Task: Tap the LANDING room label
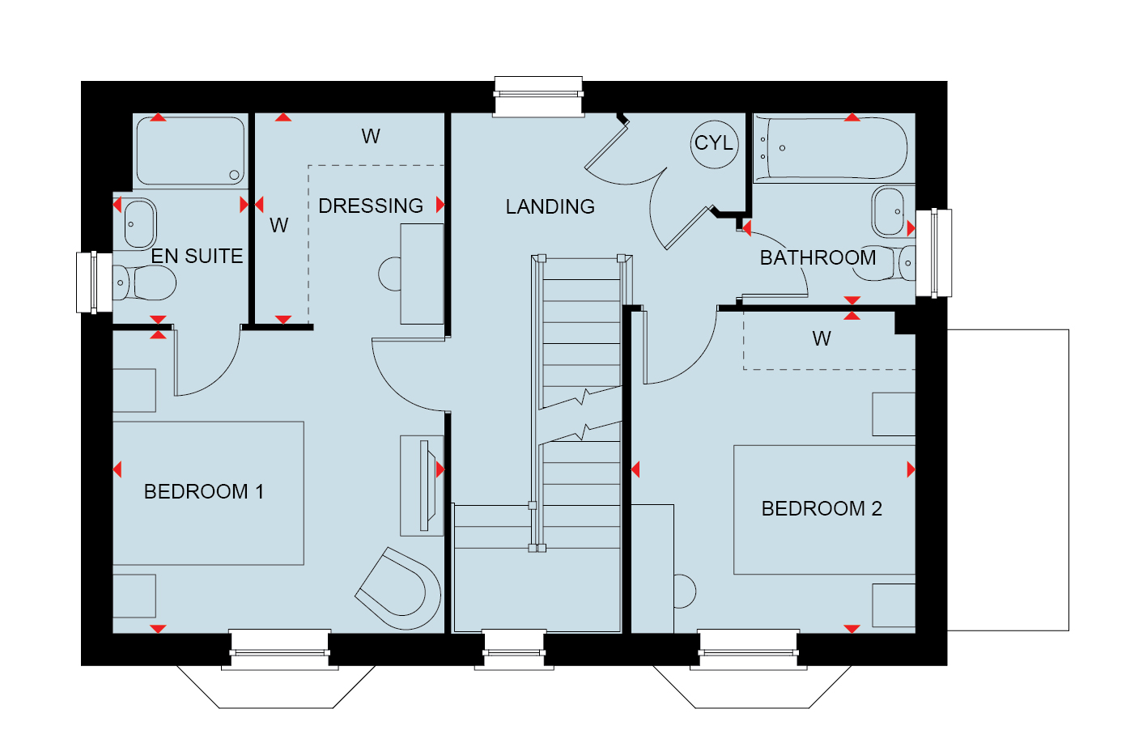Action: tap(550, 207)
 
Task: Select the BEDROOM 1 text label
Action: tap(204, 492)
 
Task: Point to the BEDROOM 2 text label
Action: tap(822, 508)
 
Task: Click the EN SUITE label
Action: tap(197, 257)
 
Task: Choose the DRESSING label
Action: tap(370, 206)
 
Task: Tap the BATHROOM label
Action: tap(818, 257)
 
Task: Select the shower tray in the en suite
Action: tap(191, 151)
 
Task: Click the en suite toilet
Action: tap(144, 282)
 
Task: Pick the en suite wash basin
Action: tap(140, 224)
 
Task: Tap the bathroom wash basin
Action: tap(888, 211)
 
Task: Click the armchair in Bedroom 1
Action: tap(398, 588)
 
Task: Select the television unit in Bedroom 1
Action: tap(422, 486)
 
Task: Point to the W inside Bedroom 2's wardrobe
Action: tap(822, 339)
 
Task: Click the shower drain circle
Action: tap(234, 175)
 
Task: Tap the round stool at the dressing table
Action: tap(389, 274)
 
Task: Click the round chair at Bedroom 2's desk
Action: tap(685, 591)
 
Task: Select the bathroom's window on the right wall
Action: tap(934, 253)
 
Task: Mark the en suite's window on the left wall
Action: tap(95, 282)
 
